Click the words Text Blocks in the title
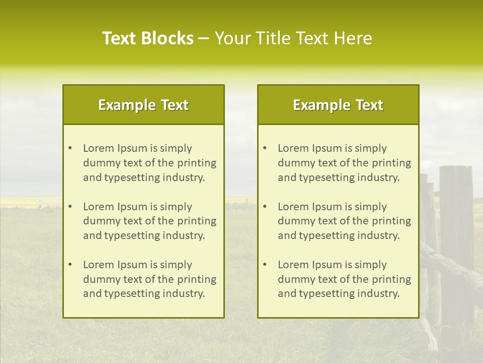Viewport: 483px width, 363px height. (147, 38)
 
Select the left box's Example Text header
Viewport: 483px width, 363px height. (143, 105)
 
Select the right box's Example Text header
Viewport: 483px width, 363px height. (338, 105)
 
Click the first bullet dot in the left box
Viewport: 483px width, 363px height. (70, 148)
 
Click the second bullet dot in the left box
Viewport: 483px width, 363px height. (70, 207)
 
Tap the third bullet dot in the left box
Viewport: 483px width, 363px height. (70, 265)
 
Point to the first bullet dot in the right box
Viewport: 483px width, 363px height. (265, 148)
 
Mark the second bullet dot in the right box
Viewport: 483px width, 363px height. (265, 207)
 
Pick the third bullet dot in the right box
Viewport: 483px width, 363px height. (265, 265)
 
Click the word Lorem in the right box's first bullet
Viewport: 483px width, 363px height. (293, 148)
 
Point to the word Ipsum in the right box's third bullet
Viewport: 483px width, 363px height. (327, 265)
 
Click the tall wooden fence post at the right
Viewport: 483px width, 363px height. (456, 227)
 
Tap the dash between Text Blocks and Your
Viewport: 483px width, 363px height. (204, 38)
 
